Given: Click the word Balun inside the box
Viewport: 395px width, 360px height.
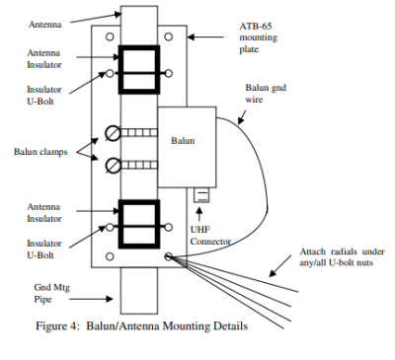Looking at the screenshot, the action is [183, 141].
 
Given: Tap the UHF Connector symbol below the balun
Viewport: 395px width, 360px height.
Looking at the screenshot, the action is [201, 195].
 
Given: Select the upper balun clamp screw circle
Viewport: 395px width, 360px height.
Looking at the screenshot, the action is [114, 133].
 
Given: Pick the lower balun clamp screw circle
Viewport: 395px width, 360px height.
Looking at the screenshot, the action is [114, 165].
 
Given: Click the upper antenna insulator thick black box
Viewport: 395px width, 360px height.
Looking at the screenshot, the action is [119, 69].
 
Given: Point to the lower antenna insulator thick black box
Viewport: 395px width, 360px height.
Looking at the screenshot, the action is [119, 224].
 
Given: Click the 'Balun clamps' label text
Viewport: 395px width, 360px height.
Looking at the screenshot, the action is [40, 152].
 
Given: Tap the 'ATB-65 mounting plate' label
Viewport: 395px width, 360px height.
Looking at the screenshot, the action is [258, 37].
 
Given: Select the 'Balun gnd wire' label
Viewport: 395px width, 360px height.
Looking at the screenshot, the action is [266, 94].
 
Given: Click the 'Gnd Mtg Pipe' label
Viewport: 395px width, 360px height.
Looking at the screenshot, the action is [52, 293].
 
